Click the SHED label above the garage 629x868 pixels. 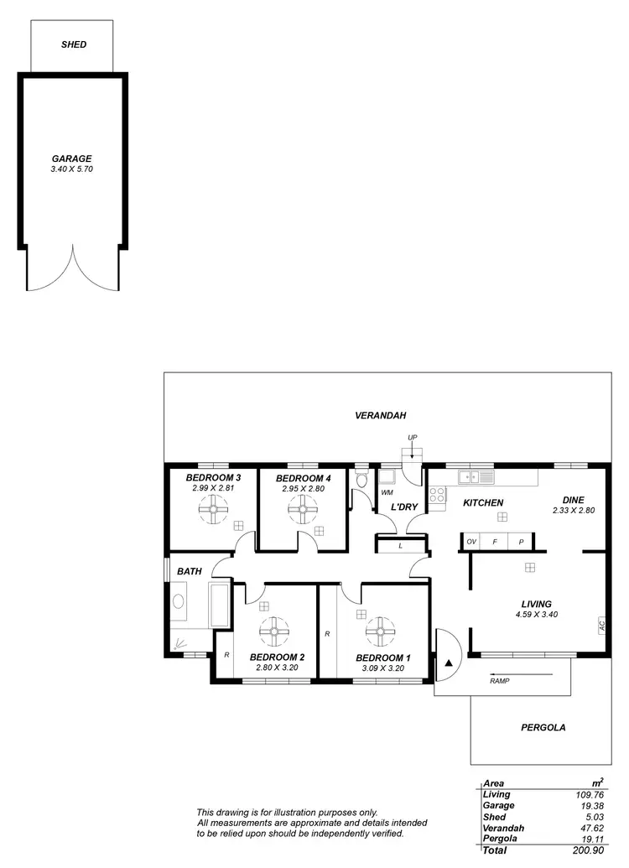pyautogui.click(x=74, y=44)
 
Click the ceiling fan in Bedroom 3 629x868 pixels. pyautogui.click(x=214, y=508)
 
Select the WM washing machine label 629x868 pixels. pyautogui.click(x=387, y=493)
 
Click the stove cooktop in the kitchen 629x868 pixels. pyautogui.click(x=438, y=495)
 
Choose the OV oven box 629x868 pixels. pyautogui.click(x=471, y=542)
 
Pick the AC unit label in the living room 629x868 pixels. pyautogui.click(x=601, y=624)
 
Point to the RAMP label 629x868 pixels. pyautogui.click(x=499, y=681)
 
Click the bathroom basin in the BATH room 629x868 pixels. pyautogui.click(x=178, y=601)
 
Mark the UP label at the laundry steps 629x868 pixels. pyautogui.click(x=412, y=438)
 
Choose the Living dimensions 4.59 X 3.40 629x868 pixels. pyautogui.click(x=536, y=614)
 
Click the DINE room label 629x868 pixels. pyautogui.click(x=573, y=498)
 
